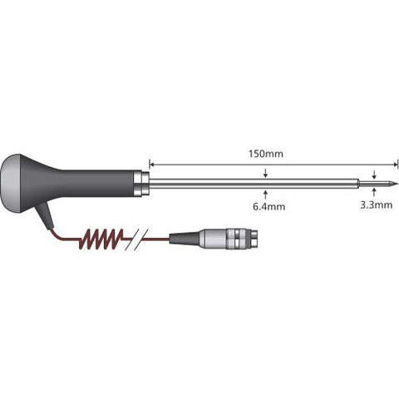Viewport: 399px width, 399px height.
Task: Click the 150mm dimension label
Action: [x=266, y=154]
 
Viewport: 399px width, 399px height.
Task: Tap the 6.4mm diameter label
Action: [x=268, y=206]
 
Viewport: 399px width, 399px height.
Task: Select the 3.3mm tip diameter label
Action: [x=376, y=205]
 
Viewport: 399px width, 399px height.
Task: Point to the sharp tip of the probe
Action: [x=398, y=184]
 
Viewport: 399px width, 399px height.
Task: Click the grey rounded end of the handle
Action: [x=11, y=184]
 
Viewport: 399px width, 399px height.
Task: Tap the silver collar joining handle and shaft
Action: [x=141, y=184]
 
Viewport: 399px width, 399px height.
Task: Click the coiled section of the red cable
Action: [x=101, y=239]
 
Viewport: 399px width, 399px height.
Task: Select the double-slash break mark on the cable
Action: [x=136, y=239]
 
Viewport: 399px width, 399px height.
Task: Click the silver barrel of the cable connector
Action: [x=214, y=239]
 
